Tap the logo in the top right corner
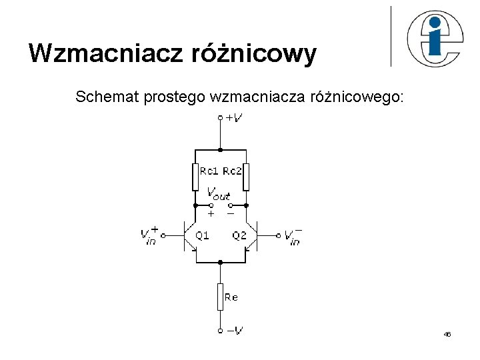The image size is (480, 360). coord(433,39)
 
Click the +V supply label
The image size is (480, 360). coord(234,118)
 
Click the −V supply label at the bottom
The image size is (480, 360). coord(234,329)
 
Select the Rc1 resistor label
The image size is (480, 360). coord(209,171)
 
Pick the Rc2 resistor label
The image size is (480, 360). coord(231,171)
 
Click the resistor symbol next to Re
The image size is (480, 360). coord(220,297)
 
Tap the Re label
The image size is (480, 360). coord(231,297)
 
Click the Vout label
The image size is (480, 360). coord(219,193)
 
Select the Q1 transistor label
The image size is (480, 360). coord(202,235)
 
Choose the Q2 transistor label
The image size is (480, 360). coord(239,235)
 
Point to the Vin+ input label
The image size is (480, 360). coord(149,235)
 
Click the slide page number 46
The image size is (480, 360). coord(447,334)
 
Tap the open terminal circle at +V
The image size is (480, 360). coord(220,118)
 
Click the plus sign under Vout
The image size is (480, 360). coord(211,214)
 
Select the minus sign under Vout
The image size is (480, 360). coord(230,214)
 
